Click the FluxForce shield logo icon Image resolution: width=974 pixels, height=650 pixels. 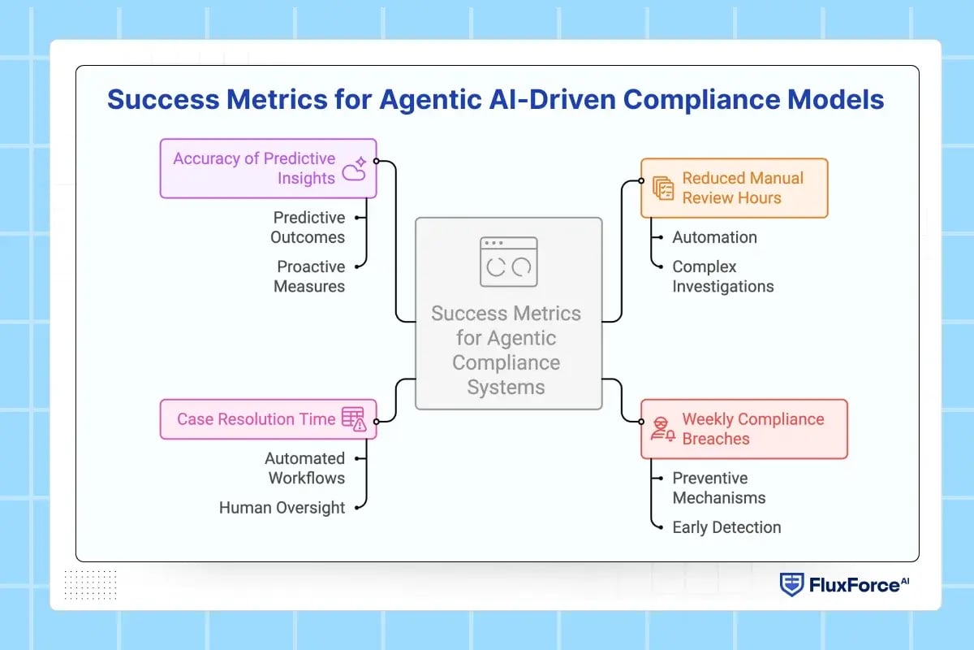click(791, 584)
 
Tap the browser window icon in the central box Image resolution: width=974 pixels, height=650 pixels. click(508, 262)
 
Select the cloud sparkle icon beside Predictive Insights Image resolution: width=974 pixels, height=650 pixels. click(354, 168)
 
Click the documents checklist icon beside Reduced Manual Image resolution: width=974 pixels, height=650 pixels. click(664, 188)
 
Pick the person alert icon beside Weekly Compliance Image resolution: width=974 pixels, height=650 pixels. click(663, 429)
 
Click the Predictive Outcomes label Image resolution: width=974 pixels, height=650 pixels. click(308, 227)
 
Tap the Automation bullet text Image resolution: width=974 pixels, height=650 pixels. click(714, 237)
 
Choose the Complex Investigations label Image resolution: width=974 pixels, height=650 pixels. click(722, 276)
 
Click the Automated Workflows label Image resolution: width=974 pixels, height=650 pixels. click(305, 468)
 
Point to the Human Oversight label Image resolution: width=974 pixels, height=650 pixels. click(282, 508)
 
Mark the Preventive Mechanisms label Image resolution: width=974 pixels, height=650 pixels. click(718, 487)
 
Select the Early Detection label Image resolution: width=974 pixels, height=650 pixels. click(726, 527)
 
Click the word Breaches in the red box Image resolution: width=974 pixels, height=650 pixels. click(716, 439)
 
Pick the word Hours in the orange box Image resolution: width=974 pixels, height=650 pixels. click(756, 197)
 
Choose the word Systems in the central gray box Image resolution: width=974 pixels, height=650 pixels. click(506, 387)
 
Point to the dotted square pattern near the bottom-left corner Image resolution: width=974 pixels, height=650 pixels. click(90, 584)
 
